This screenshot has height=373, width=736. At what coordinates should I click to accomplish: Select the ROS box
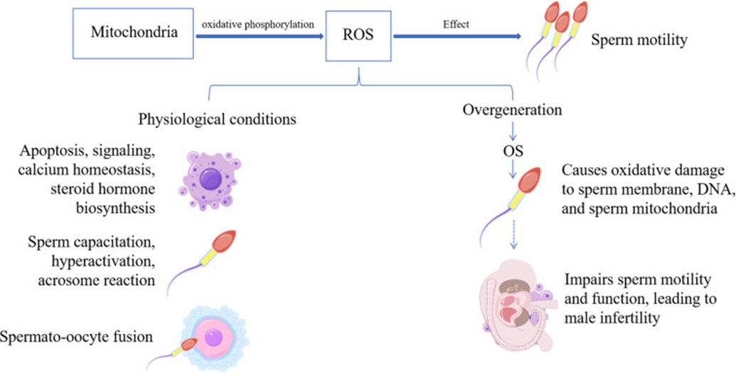pos(360,33)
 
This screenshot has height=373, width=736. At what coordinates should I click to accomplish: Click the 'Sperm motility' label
pos(639,40)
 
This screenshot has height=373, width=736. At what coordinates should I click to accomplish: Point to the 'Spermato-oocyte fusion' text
pos(77,336)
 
